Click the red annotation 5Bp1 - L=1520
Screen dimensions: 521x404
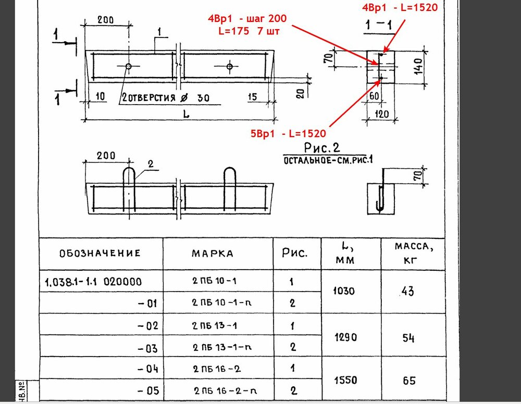[x=288, y=133]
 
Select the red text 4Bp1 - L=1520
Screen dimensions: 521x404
[x=400, y=7]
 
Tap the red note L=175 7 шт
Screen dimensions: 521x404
[x=249, y=31]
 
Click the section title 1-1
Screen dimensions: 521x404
[x=379, y=25]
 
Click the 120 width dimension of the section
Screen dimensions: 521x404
[x=381, y=114]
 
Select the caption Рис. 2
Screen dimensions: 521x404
[x=322, y=148]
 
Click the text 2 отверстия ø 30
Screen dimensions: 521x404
[x=166, y=98]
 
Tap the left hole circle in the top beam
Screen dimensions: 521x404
[x=129, y=67]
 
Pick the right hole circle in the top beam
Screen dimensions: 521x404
[x=230, y=67]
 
